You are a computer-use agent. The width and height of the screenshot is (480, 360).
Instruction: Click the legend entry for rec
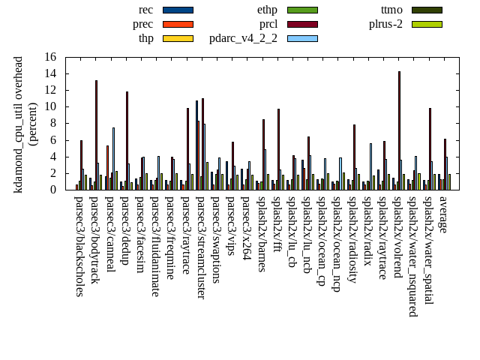tap(145, 10)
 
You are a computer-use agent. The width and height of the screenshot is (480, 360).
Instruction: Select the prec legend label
tap(142, 24)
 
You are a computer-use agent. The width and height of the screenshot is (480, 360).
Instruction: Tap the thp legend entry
tap(146, 38)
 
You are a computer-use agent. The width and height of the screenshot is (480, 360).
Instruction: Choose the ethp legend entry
tap(267, 10)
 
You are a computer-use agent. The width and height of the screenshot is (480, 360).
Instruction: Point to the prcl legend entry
tap(268, 24)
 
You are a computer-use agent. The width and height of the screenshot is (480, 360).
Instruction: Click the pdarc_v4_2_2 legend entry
tap(243, 38)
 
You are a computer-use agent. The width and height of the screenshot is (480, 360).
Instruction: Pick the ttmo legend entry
tap(391, 10)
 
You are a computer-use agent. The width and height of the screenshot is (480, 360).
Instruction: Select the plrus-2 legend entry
tap(385, 24)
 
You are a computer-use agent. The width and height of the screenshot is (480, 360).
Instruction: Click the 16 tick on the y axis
tap(50, 57)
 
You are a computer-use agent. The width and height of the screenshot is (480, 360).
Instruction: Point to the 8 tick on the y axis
tap(53, 123)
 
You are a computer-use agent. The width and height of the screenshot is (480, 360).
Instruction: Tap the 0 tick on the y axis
tap(53, 190)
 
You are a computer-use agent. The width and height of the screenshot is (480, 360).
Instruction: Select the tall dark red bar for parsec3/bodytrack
tap(96, 135)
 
